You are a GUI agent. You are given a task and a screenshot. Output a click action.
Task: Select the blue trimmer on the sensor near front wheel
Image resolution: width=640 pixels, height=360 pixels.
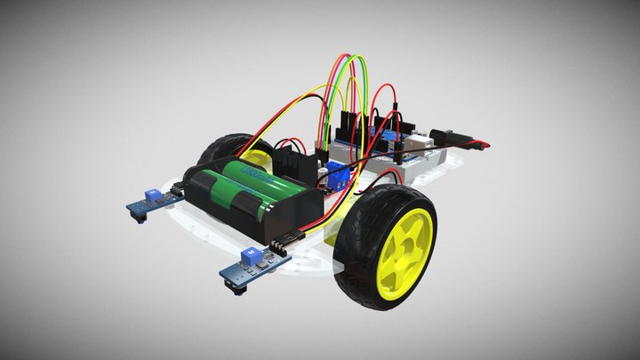(252, 254)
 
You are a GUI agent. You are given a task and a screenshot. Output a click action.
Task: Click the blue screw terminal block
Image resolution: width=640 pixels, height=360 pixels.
(338, 172)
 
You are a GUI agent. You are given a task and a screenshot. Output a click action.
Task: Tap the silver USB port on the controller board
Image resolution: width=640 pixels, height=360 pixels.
(418, 141)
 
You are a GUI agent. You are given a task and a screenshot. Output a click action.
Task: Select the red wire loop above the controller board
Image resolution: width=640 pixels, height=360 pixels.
(386, 89)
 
